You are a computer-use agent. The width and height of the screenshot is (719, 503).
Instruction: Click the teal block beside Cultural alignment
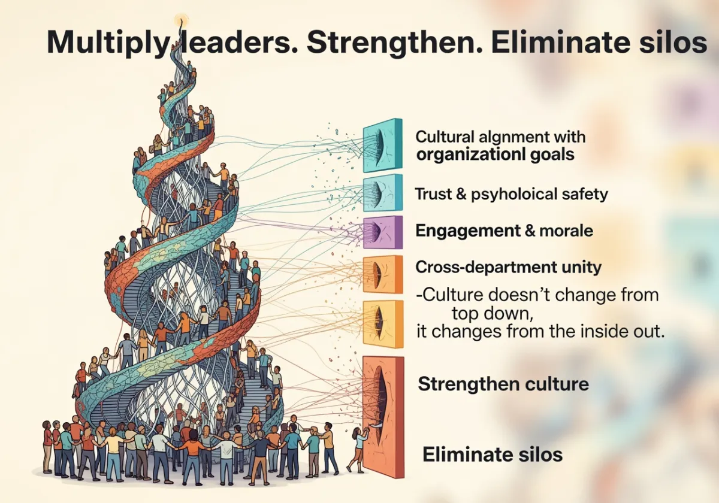(382, 145)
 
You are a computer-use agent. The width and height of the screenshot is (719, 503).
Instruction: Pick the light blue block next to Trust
(382, 193)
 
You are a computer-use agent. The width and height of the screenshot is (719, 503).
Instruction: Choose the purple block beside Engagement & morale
(382, 232)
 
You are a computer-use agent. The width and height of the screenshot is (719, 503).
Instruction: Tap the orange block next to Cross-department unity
(382, 274)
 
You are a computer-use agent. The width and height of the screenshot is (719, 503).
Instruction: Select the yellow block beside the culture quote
(382, 323)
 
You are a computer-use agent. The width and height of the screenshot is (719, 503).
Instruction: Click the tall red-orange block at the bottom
(383, 416)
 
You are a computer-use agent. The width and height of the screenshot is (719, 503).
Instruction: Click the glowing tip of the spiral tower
(180, 20)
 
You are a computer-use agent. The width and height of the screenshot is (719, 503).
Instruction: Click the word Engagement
(459, 231)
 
